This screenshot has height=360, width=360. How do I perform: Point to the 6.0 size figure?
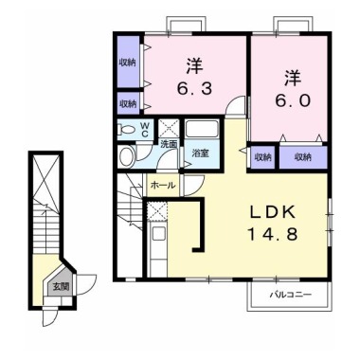pos(290,99)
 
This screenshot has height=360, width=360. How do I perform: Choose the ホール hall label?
pos(162,186)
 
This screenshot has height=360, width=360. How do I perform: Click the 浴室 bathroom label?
pos(200,152)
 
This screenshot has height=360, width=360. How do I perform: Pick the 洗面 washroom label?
pos(168,145)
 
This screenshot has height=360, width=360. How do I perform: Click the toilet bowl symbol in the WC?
pos(127,130)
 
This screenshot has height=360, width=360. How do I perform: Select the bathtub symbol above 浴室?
pos(202,129)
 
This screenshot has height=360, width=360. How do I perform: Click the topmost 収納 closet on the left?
pos(127,60)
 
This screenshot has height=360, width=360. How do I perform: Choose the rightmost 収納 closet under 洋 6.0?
pos(303,156)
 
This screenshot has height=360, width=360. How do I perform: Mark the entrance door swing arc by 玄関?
pos(85,281)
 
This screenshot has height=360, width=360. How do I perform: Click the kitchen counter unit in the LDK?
pos(157,234)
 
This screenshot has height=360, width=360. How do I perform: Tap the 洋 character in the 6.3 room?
pos(193,66)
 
